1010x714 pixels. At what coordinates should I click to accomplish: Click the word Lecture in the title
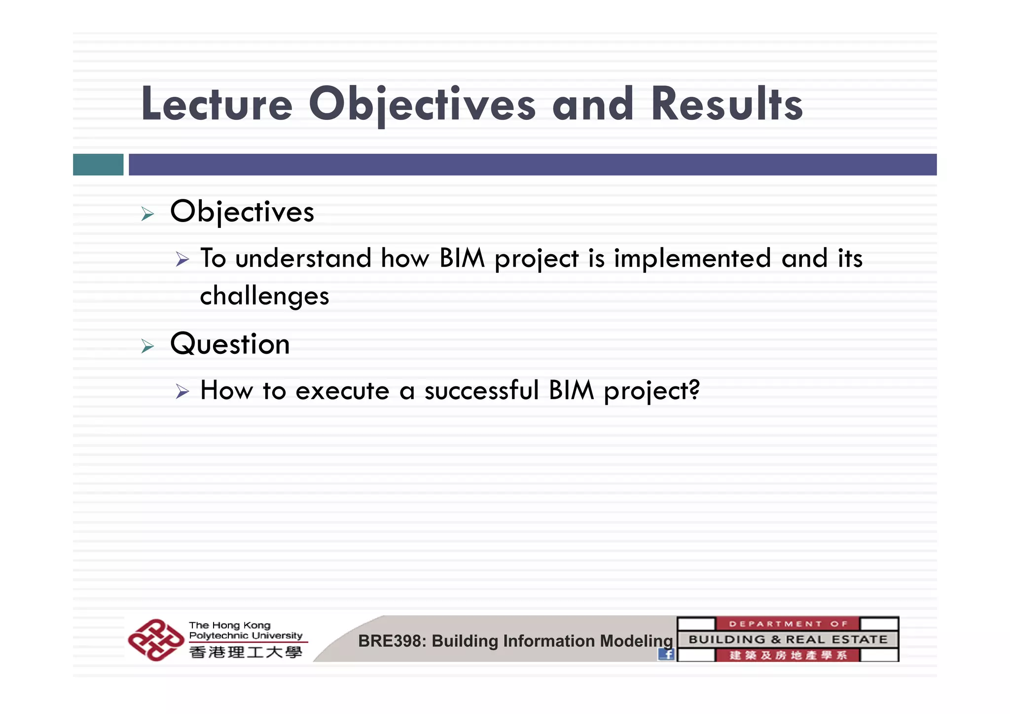coord(217,105)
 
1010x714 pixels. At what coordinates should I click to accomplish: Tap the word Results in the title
coord(727,105)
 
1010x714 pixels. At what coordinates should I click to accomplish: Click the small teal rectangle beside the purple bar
coord(98,164)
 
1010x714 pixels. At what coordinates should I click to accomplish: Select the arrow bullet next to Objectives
coord(147,214)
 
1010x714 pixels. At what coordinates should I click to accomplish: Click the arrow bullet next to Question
coord(147,346)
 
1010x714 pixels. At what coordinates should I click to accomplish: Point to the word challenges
coord(264,296)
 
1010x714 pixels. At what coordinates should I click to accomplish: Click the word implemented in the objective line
coord(692,259)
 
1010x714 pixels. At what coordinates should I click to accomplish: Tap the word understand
coord(303,259)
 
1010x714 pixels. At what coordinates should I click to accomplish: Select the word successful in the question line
coord(481,390)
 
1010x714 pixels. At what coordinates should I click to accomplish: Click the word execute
coord(342,391)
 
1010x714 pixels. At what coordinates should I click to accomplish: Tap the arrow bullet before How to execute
coord(182,392)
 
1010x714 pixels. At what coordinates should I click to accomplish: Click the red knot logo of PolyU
coord(155,639)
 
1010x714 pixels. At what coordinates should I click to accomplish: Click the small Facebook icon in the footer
coord(666,654)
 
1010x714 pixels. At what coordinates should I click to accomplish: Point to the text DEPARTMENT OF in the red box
coord(787,624)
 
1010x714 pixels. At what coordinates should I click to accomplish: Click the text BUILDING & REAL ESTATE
coord(788,639)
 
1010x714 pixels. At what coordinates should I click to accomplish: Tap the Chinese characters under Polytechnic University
coord(246,652)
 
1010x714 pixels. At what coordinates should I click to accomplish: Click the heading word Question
coord(230,344)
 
